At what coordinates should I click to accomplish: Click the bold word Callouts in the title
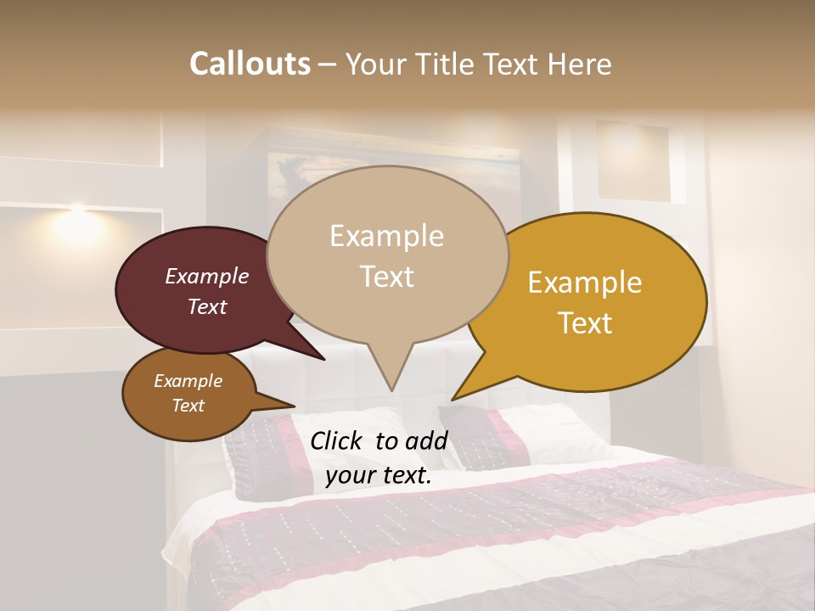[250, 64]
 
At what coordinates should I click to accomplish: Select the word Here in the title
[581, 64]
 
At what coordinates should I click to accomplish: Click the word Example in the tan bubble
[386, 236]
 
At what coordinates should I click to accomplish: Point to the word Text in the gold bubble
[586, 323]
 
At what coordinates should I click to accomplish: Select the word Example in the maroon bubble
[207, 277]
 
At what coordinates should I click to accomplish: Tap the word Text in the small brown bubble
[188, 406]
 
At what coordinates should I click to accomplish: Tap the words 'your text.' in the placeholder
[379, 476]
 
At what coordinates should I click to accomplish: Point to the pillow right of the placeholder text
[509, 433]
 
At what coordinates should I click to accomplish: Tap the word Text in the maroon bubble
[207, 306]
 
